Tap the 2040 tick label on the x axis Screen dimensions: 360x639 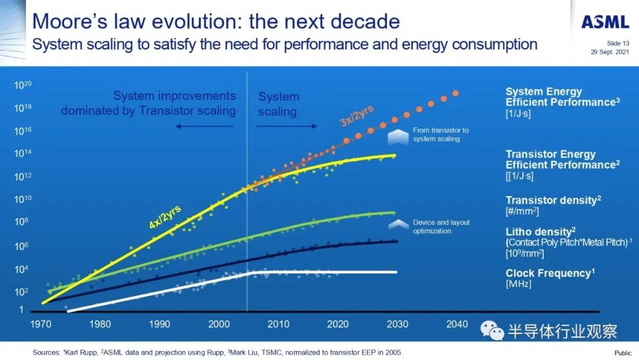click(457, 324)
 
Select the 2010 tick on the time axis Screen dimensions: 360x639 click(278, 324)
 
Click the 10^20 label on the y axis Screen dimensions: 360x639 click(22, 85)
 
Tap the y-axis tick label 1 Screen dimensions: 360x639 click(21, 310)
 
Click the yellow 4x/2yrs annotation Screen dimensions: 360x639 click(165, 216)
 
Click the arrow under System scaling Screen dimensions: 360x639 click(288, 126)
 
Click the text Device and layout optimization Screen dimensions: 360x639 click(441, 226)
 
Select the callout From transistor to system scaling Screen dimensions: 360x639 click(441, 134)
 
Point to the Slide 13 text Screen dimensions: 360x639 click(618, 43)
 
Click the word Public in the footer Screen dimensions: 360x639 click(622, 353)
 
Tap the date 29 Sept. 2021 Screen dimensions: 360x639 click(609, 52)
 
